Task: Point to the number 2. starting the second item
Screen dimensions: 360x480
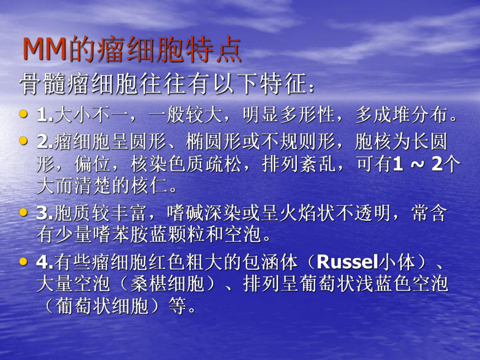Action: [45, 141]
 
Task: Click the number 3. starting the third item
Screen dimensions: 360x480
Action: [45, 213]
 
